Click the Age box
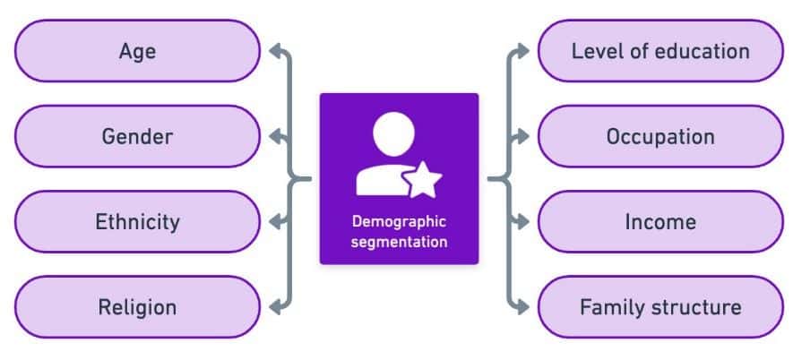[137, 51]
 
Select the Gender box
[137, 136]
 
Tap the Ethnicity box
[137, 221]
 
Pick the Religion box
[137, 307]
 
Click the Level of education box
[660, 51]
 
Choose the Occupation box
[660, 136]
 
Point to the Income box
[660, 221]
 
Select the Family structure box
[660, 307]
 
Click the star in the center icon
[423, 181]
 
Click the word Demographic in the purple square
[399, 221]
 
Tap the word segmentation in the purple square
[399, 241]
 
